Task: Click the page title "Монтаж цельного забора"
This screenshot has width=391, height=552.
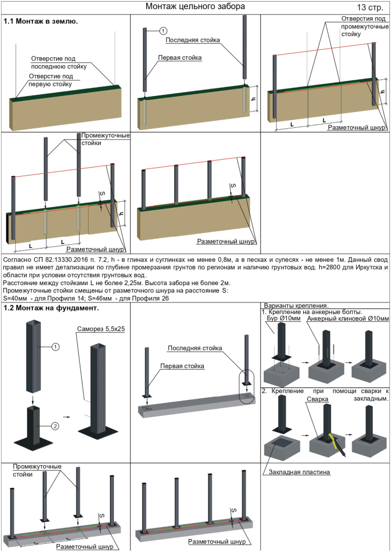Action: [x=195, y=7]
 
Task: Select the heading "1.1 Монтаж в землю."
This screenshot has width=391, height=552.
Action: [x=41, y=22]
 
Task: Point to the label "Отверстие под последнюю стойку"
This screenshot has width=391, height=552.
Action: [x=59, y=63]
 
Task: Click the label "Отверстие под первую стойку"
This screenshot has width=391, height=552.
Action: [x=52, y=80]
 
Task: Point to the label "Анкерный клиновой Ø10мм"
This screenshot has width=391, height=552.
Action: [x=347, y=319]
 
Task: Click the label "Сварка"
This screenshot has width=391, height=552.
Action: [x=318, y=399]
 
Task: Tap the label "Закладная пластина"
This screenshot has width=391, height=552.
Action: [x=299, y=472]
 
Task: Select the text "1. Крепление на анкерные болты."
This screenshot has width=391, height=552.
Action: [x=311, y=312]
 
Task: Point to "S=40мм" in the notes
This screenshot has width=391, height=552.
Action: [x=16, y=297]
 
